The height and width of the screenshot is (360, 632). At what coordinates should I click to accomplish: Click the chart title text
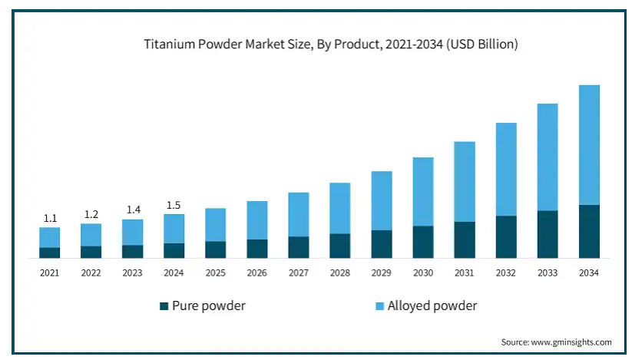pos(331,45)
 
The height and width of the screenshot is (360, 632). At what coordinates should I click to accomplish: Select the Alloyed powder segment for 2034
pos(589,144)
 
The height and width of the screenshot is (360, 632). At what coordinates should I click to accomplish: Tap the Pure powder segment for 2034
pos(589,231)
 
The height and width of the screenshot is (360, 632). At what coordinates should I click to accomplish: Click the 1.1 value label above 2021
pos(50,219)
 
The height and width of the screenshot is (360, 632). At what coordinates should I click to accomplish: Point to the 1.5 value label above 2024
pos(174,205)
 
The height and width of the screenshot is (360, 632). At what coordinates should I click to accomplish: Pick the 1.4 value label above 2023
pos(133,210)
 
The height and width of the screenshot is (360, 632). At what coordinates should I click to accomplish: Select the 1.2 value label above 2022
pos(91,214)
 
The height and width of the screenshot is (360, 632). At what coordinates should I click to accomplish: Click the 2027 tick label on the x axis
pos(299,272)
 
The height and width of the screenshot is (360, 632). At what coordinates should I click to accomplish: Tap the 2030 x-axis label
pos(423,272)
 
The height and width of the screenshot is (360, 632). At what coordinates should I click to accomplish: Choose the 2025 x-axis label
pos(216,272)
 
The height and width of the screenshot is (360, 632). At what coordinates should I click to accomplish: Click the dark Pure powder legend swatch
pos(164,306)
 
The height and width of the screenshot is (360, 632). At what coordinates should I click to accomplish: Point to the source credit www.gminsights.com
pos(556,342)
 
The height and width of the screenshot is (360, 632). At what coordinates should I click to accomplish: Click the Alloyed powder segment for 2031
pos(465,181)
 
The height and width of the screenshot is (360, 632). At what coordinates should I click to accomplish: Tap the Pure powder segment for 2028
pos(340,246)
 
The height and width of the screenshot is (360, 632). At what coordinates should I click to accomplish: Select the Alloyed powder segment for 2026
pos(257,220)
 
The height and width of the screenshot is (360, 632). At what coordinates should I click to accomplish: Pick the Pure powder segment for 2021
pos(50,253)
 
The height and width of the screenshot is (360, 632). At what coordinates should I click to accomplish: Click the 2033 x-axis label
pos(548,272)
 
